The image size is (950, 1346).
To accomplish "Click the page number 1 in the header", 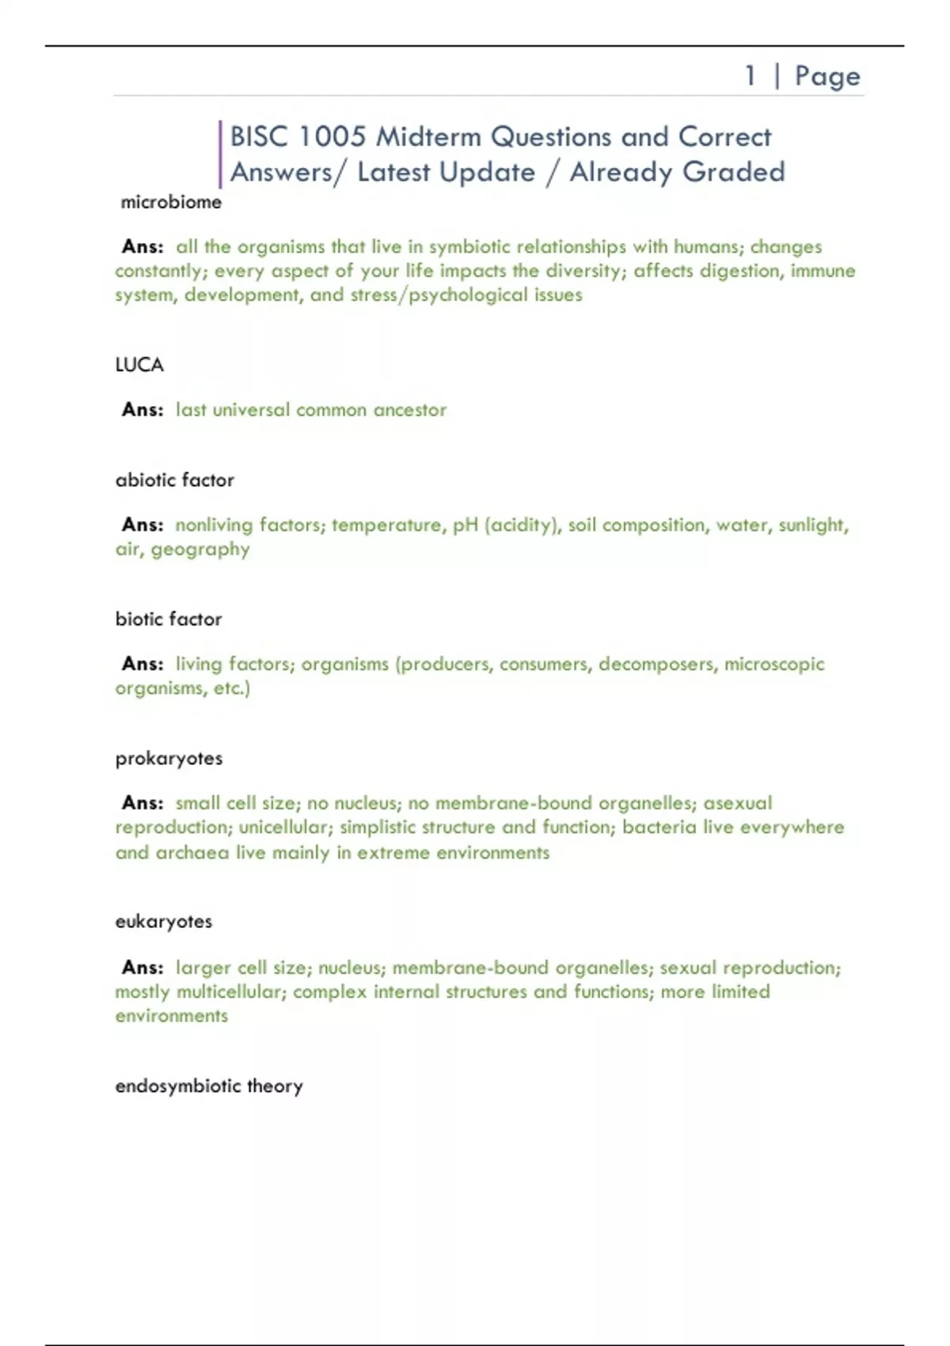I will click(750, 76).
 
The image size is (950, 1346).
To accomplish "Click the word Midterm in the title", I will click(427, 137).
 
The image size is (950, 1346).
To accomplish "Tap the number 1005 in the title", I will click(332, 137).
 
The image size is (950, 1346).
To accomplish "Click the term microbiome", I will click(171, 203).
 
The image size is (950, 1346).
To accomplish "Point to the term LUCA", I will click(139, 365).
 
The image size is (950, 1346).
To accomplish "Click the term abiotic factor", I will click(175, 480).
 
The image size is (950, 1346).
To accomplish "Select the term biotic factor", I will click(169, 619).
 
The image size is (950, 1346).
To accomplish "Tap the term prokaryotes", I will click(169, 759).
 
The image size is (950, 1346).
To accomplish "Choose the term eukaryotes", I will click(164, 922).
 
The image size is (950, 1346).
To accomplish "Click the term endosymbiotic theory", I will click(209, 1086).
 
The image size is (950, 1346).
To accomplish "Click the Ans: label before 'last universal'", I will click(142, 409).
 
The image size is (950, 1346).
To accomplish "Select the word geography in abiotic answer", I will click(200, 549).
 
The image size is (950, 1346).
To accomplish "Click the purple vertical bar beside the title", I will click(220, 154).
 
